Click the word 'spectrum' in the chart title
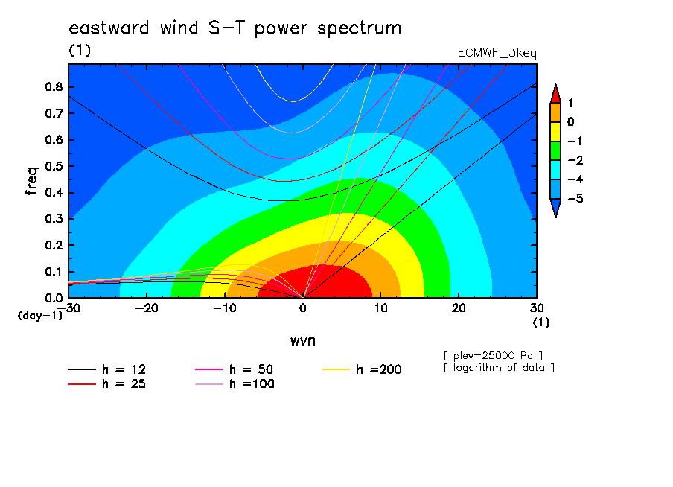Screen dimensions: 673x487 (360, 28)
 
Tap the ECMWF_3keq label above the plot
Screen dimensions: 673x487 (497, 53)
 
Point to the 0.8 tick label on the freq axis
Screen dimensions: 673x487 (54, 86)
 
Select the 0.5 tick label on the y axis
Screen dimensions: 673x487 (54, 166)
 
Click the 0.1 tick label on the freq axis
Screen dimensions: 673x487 (54, 272)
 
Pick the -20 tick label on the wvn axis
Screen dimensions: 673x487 (147, 308)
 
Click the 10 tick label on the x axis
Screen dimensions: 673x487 (380, 308)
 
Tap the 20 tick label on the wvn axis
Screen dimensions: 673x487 (459, 308)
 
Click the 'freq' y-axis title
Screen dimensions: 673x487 (32, 181)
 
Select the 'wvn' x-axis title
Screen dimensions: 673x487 (303, 341)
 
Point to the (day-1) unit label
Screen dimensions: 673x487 (40, 316)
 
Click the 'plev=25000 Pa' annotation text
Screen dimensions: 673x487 (493, 356)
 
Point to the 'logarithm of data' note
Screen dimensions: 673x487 (499, 368)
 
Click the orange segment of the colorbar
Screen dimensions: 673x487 (555, 112)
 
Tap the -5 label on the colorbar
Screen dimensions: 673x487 (575, 198)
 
